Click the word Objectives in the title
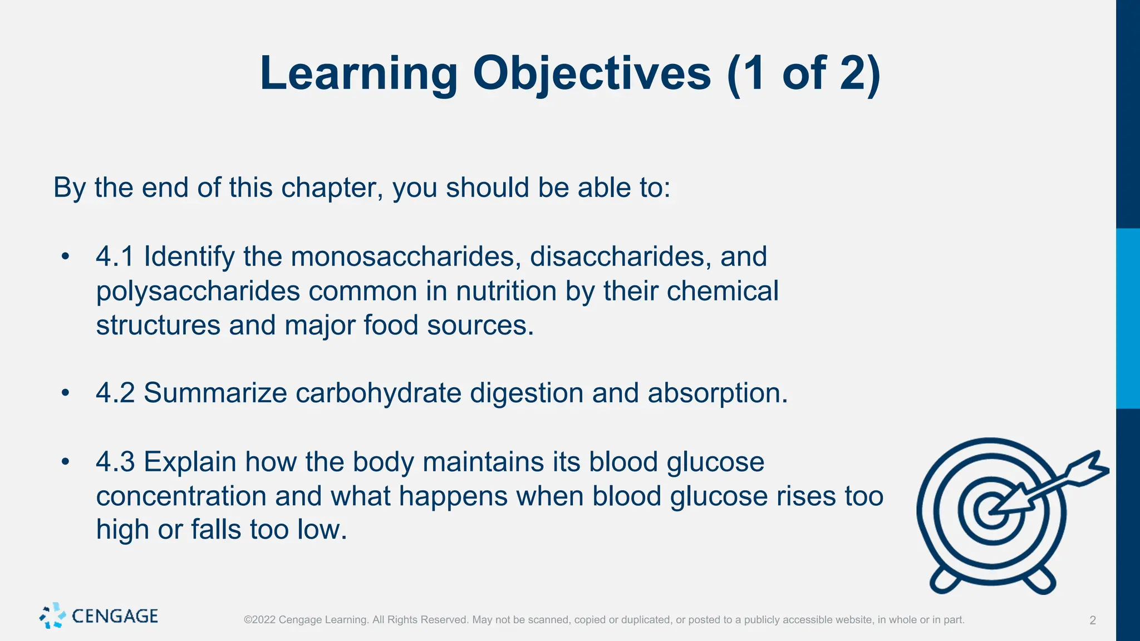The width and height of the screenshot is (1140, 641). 592,73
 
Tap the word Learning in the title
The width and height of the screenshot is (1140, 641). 358,73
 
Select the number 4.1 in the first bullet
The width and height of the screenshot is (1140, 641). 115,257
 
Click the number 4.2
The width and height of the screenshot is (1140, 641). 115,393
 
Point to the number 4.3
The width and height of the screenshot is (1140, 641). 115,462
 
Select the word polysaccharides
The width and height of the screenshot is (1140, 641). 198,292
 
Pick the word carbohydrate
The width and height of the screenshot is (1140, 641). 378,393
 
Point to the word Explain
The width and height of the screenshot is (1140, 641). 189,462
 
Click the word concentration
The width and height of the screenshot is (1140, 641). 181,496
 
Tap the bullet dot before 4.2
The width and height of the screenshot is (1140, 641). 66,393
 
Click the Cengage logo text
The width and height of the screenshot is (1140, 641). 115,617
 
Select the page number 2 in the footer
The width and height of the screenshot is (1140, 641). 1092,620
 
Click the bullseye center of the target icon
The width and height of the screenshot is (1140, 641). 991,511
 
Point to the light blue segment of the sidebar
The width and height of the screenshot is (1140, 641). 1128,318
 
